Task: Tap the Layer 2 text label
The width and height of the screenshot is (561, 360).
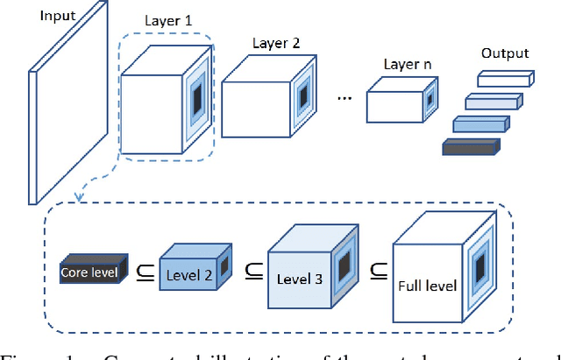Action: tap(274, 43)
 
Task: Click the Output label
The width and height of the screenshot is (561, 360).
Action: tap(505, 53)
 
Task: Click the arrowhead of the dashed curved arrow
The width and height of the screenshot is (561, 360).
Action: tap(78, 197)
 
